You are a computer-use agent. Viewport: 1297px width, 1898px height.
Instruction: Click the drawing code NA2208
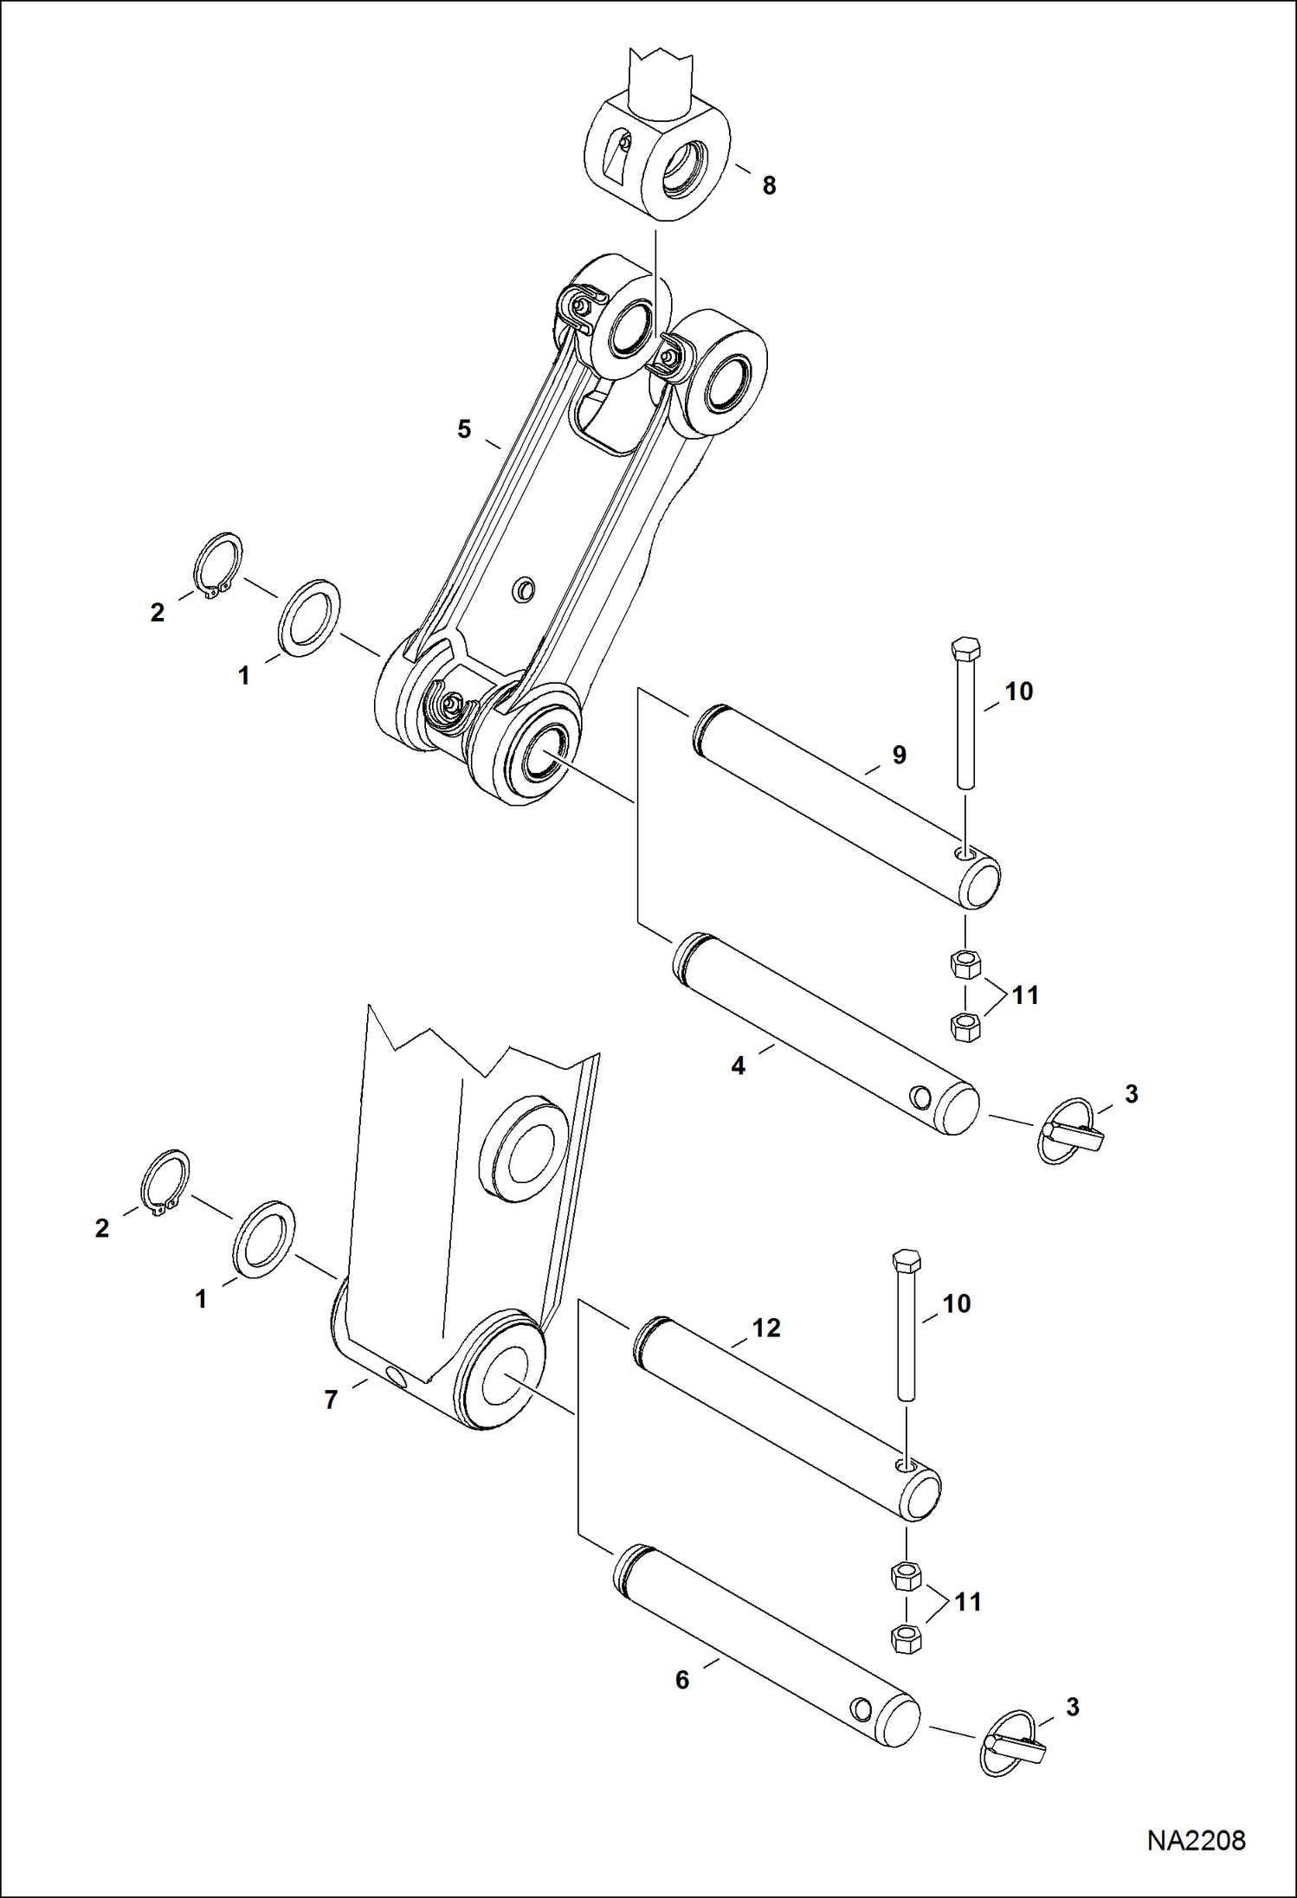tap(1196, 1839)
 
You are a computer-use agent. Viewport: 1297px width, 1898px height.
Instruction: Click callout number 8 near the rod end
tap(769, 185)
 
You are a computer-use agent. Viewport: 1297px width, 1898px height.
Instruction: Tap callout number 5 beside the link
tap(464, 429)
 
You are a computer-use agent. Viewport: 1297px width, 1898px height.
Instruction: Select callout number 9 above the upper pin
tap(899, 755)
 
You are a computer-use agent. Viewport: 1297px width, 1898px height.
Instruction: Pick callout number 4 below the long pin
tap(738, 1066)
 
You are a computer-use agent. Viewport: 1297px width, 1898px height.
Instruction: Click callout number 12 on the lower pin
tap(766, 1328)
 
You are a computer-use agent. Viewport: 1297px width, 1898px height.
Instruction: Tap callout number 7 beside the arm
tap(331, 1400)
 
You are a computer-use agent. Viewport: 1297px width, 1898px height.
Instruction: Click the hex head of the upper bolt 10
tap(965, 648)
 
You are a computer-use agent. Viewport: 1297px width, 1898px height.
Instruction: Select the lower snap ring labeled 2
tap(165, 1182)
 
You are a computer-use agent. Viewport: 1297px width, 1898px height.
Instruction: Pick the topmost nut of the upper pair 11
tap(965, 963)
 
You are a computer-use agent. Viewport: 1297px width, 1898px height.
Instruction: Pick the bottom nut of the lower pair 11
tap(906, 1638)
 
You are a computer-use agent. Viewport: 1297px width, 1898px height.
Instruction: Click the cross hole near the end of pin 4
tap(921, 1098)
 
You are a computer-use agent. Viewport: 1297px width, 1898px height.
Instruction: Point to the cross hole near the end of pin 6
tap(861, 1708)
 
